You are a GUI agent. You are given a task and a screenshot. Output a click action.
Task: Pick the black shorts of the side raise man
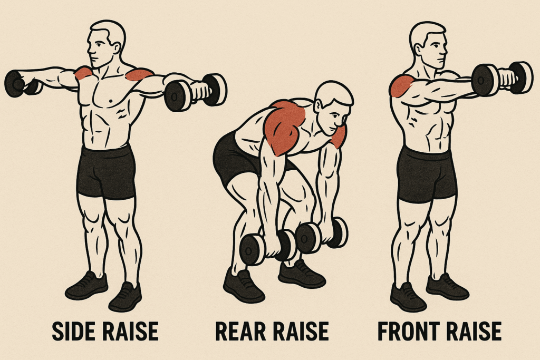pos(106,172)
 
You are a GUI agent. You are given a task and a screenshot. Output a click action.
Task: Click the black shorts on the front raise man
pos(426,174)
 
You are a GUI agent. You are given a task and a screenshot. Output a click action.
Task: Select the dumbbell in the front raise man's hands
pos(502,79)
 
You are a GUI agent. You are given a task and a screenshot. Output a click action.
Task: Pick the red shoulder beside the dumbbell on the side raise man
pos(139,74)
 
